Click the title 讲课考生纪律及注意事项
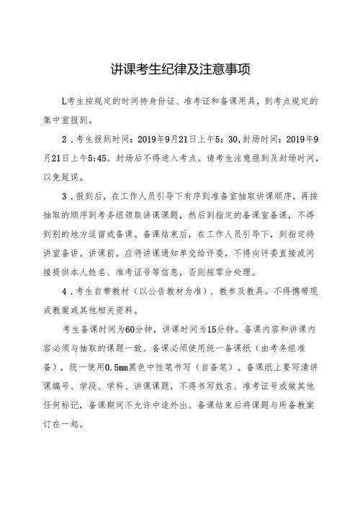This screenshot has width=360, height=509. [180, 69]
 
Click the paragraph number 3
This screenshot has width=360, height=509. [65, 194]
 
